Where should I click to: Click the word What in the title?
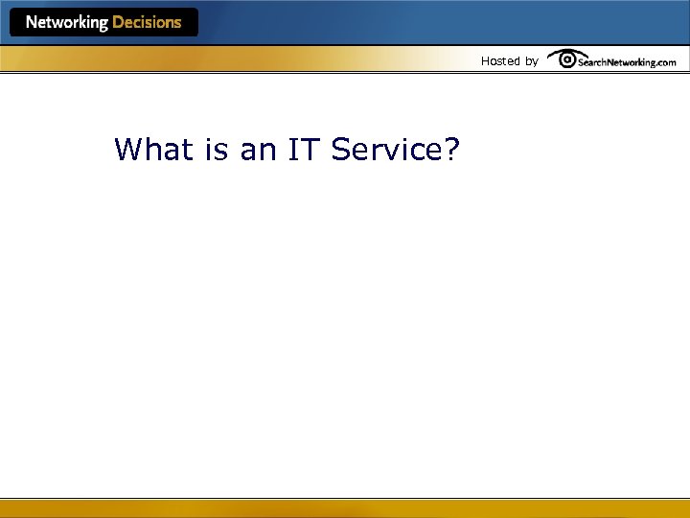click(x=150, y=150)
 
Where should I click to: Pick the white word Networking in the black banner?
click(x=66, y=22)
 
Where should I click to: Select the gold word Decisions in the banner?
click(x=147, y=22)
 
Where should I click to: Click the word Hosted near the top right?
click(x=499, y=60)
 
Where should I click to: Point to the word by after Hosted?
click(x=531, y=61)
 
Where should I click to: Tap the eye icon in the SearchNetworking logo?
click(x=566, y=59)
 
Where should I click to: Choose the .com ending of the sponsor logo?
click(x=665, y=62)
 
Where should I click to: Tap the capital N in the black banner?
click(x=32, y=22)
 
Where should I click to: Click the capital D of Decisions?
click(x=118, y=22)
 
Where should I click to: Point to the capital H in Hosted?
click(x=485, y=60)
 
